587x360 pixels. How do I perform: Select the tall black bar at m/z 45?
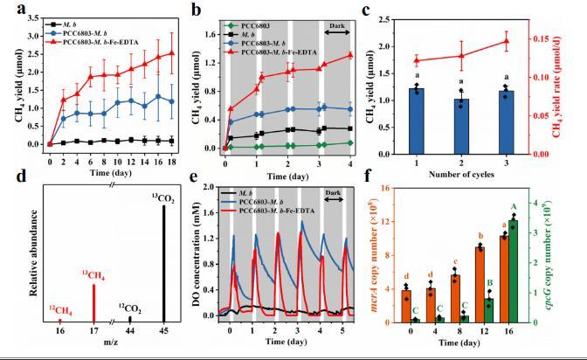pos(163,262)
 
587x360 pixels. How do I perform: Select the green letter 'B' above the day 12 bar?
pos(490,283)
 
